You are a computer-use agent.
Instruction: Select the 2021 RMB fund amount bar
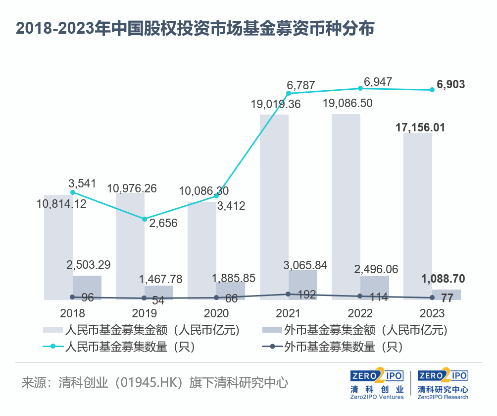pos(274,208)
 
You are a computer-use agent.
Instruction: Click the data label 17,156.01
pos(420,127)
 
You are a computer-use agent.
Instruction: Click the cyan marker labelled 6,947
pos(360,88)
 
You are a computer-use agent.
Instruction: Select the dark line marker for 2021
pos(288,294)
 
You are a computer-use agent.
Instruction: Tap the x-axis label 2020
pos(216,314)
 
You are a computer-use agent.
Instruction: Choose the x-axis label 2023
pos(432,314)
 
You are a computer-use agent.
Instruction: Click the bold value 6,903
pos(450,84)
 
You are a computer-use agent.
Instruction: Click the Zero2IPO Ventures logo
pos(377,384)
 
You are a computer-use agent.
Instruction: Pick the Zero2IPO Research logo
pos(443,384)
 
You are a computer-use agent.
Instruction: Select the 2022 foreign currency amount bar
pos(375,288)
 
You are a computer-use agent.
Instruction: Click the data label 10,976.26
pos(132,188)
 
